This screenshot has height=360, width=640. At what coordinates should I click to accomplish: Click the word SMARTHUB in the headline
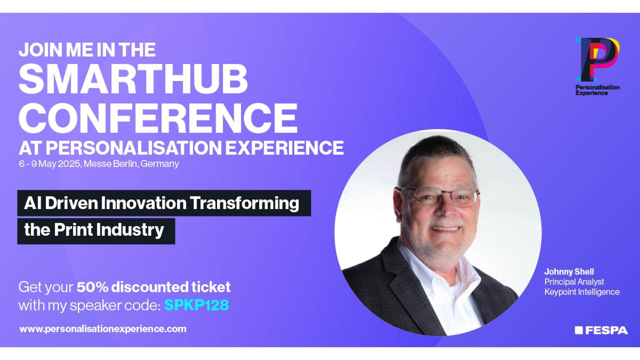coord(133,79)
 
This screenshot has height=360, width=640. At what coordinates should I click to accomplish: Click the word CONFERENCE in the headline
coord(158,118)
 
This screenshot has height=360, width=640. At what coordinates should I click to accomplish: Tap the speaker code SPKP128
coord(196,305)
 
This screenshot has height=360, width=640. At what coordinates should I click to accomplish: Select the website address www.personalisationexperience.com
coord(103,329)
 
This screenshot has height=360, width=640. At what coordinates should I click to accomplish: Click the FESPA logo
coord(601,330)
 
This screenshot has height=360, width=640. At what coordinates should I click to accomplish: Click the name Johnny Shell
coord(569,272)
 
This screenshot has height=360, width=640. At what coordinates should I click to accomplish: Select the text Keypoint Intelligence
coord(582,292)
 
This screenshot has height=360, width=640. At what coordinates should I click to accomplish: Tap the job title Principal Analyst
coord(574,282)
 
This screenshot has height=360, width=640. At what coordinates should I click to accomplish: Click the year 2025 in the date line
coord(69,164)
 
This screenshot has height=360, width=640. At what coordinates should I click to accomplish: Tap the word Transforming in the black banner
coord(245,203)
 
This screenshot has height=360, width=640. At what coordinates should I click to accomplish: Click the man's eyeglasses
coord(440,197)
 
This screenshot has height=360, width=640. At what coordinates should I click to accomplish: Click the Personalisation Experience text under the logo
coord(597,90)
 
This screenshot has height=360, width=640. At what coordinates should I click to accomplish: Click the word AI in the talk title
coord(33,203)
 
